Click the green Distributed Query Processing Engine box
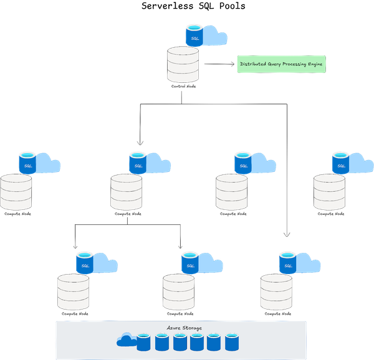tap(280, 64)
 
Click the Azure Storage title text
tap(184, 328)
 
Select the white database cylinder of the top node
tap(183, 64)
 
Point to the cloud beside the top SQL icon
tap(214, 37)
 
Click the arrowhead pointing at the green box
tap(233, 64)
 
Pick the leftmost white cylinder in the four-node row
tap(16, 192)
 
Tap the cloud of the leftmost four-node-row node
tap(48, 164)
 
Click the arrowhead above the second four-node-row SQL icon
tap(140, 144)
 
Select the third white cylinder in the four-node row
tap(231, 192)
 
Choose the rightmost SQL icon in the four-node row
tap(340, 162)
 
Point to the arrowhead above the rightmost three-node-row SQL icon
tap(287, 235)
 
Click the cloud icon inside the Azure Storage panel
tap(126, 339)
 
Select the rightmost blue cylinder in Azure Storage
tap(233, 341)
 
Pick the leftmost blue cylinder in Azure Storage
tap(144, 341)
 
